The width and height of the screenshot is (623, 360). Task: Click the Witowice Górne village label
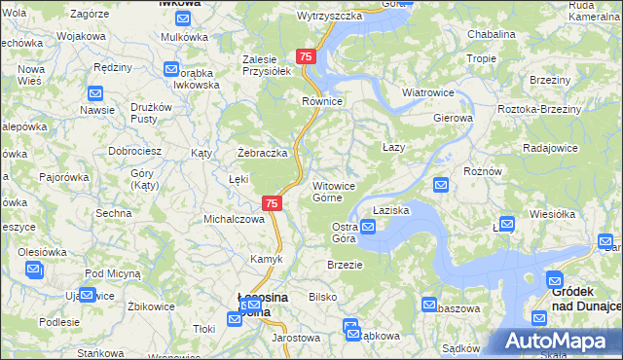pyautogui.click(x=340, y=191)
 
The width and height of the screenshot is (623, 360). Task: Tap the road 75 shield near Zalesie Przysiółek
pyautogui.click(x=306, y=57)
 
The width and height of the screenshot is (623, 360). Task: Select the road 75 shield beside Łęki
pyautogui.click(x=273, y=203)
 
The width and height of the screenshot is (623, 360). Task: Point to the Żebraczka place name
pyautogui.click(x=263, y=153)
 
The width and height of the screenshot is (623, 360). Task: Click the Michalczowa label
pyautogui.click(x=234, y=219)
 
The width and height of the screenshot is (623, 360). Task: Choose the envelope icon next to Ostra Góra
pyautogui.click(x=368, y=228)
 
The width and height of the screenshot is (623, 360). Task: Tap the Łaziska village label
pyautogui.click(x=390, y=209)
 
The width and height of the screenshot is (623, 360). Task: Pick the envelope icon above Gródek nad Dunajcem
pyautogui.click(x=554, y=279)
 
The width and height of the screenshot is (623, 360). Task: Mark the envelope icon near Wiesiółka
pyautogui.click(x=506, y=223)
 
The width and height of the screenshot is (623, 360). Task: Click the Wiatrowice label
pyautogui.click(x=429, y=93)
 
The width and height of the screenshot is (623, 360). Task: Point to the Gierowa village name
pyautogui.click(x=453, y=118)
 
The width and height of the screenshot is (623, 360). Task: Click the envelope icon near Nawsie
pyautogui.click(x=95, y=94)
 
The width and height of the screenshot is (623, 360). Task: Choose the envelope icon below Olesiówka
pyautogui.click(x=34, y=270)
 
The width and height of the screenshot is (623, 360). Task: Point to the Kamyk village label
pyautogui.click(x=267, y=259)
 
